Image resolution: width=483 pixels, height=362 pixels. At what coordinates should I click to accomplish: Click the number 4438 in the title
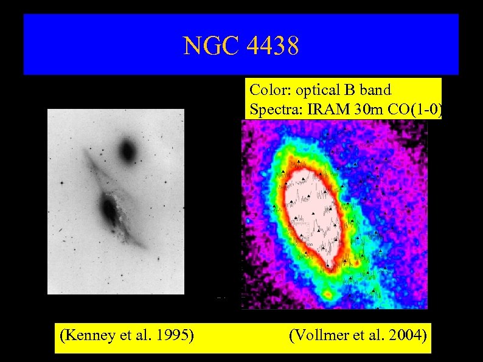click(271, 46)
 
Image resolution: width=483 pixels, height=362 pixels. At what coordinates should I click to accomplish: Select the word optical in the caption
click(317, 90)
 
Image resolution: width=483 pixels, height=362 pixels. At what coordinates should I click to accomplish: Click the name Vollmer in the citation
click(319, 335)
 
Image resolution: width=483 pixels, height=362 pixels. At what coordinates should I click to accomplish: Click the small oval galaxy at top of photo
click(128, 150)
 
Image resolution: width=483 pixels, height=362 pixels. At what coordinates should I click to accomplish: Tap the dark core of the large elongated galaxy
click(109, 210)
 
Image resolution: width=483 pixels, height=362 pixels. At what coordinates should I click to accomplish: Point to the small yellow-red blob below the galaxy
click(328, 295)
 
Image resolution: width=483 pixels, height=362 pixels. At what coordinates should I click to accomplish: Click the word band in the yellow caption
click(375, 90)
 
